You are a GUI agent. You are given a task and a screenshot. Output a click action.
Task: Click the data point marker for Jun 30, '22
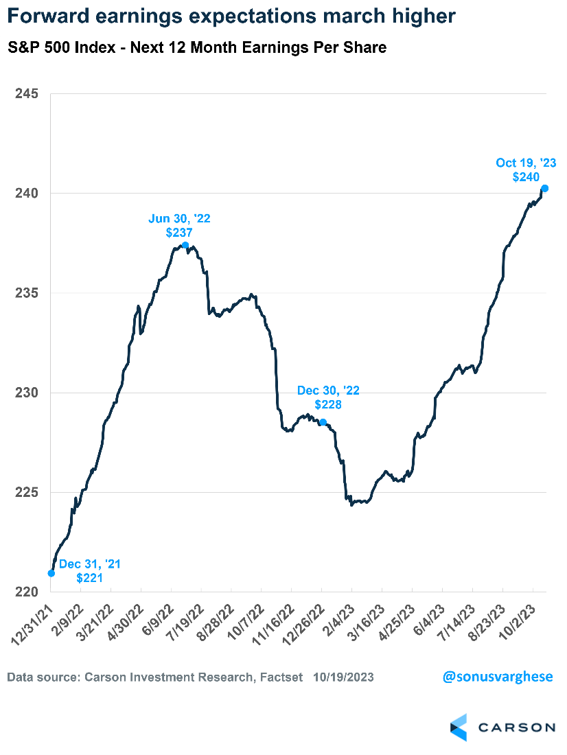pos(185,245)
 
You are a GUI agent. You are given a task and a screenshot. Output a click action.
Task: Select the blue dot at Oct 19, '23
pos(544,188)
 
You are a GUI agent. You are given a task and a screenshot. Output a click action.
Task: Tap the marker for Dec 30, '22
pos(323,422)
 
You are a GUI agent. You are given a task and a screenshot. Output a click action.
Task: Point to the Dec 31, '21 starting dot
pos(51,573)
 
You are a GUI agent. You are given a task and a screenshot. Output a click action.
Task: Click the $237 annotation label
pos(178,233)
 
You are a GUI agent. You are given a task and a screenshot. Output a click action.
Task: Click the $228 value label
pos(328,404)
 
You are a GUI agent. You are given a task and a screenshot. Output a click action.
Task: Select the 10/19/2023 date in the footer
pos(345,677)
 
